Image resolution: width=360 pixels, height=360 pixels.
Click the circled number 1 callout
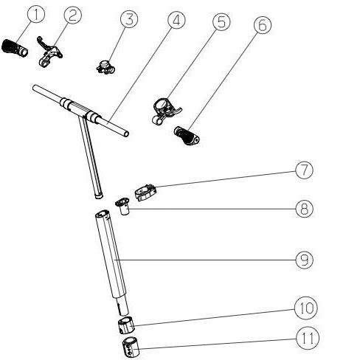36,15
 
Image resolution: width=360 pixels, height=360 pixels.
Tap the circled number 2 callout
72,15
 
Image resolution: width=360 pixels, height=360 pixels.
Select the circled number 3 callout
129,19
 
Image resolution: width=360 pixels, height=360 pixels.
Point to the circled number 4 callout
176,20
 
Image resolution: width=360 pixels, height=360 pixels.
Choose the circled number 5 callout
221,21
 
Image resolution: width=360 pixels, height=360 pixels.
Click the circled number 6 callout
263,25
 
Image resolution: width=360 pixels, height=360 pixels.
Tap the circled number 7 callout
305,170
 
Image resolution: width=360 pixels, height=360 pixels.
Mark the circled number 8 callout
305,209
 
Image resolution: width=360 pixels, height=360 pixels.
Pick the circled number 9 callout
305,260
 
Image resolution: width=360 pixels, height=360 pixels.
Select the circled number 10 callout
306,308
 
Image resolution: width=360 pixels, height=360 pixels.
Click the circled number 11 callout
308,338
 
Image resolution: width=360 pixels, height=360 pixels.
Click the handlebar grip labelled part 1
15,48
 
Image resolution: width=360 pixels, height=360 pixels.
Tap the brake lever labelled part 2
49,51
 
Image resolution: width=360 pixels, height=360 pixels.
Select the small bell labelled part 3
105,67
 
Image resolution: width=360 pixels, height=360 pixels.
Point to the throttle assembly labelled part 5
166,111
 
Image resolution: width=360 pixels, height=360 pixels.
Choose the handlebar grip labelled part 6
187,136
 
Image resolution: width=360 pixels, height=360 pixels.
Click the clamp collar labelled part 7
145,193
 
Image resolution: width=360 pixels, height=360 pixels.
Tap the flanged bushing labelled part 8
123,206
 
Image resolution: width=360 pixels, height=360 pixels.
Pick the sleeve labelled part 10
126,325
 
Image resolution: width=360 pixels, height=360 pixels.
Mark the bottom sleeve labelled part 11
131,347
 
